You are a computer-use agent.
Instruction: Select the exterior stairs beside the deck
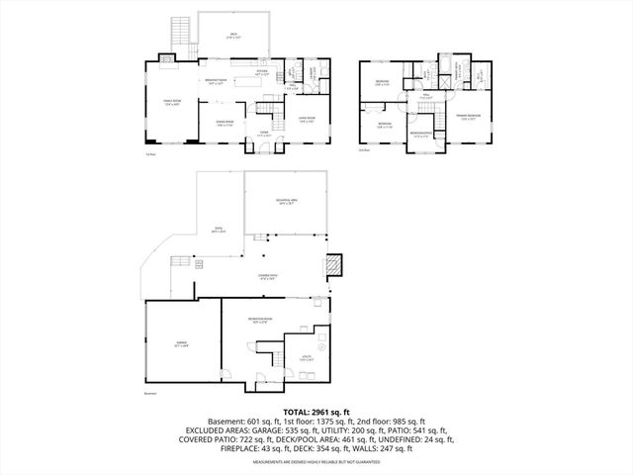tap(180, 31)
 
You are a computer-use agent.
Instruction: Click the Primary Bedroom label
tap(469, 118)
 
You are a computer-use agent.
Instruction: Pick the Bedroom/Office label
tap(420, 134)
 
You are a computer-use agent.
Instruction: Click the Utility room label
tap(307, 358)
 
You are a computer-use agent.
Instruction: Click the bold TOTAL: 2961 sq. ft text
tap(316, 411)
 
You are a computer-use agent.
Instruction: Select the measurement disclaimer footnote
tap(316, 462)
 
